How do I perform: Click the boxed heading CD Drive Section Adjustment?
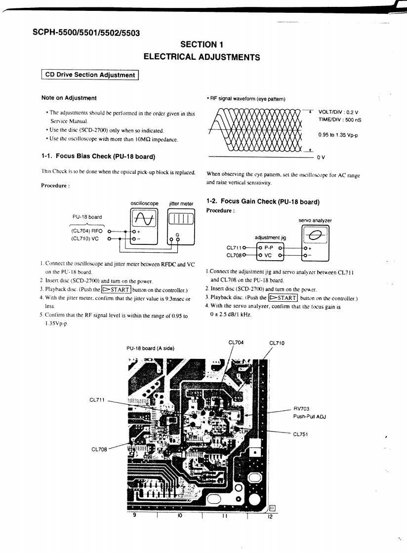tap(89, 75)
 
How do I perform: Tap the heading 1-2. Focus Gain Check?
tap(263, 201)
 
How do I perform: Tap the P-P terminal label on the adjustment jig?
tap(270, 247)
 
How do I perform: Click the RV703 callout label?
tap(301, 409)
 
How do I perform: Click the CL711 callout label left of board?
tap(97, 400)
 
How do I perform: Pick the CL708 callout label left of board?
tap(99, 449)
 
